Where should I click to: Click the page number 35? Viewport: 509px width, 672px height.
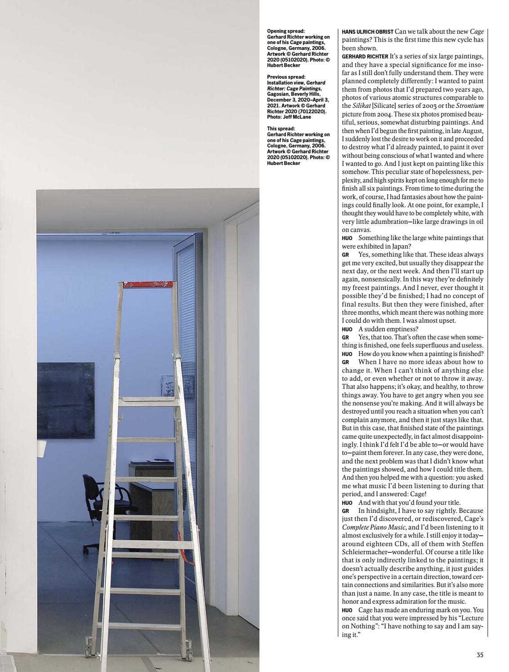(480, 655)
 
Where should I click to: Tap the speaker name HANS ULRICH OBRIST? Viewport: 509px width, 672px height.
(367, 32)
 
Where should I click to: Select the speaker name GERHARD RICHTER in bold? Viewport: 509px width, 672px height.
(365, 57)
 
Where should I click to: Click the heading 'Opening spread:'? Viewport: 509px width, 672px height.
(286, 31)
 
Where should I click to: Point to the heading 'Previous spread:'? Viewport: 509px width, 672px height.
(286, 77)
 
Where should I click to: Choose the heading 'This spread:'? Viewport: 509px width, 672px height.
(281, 129)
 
